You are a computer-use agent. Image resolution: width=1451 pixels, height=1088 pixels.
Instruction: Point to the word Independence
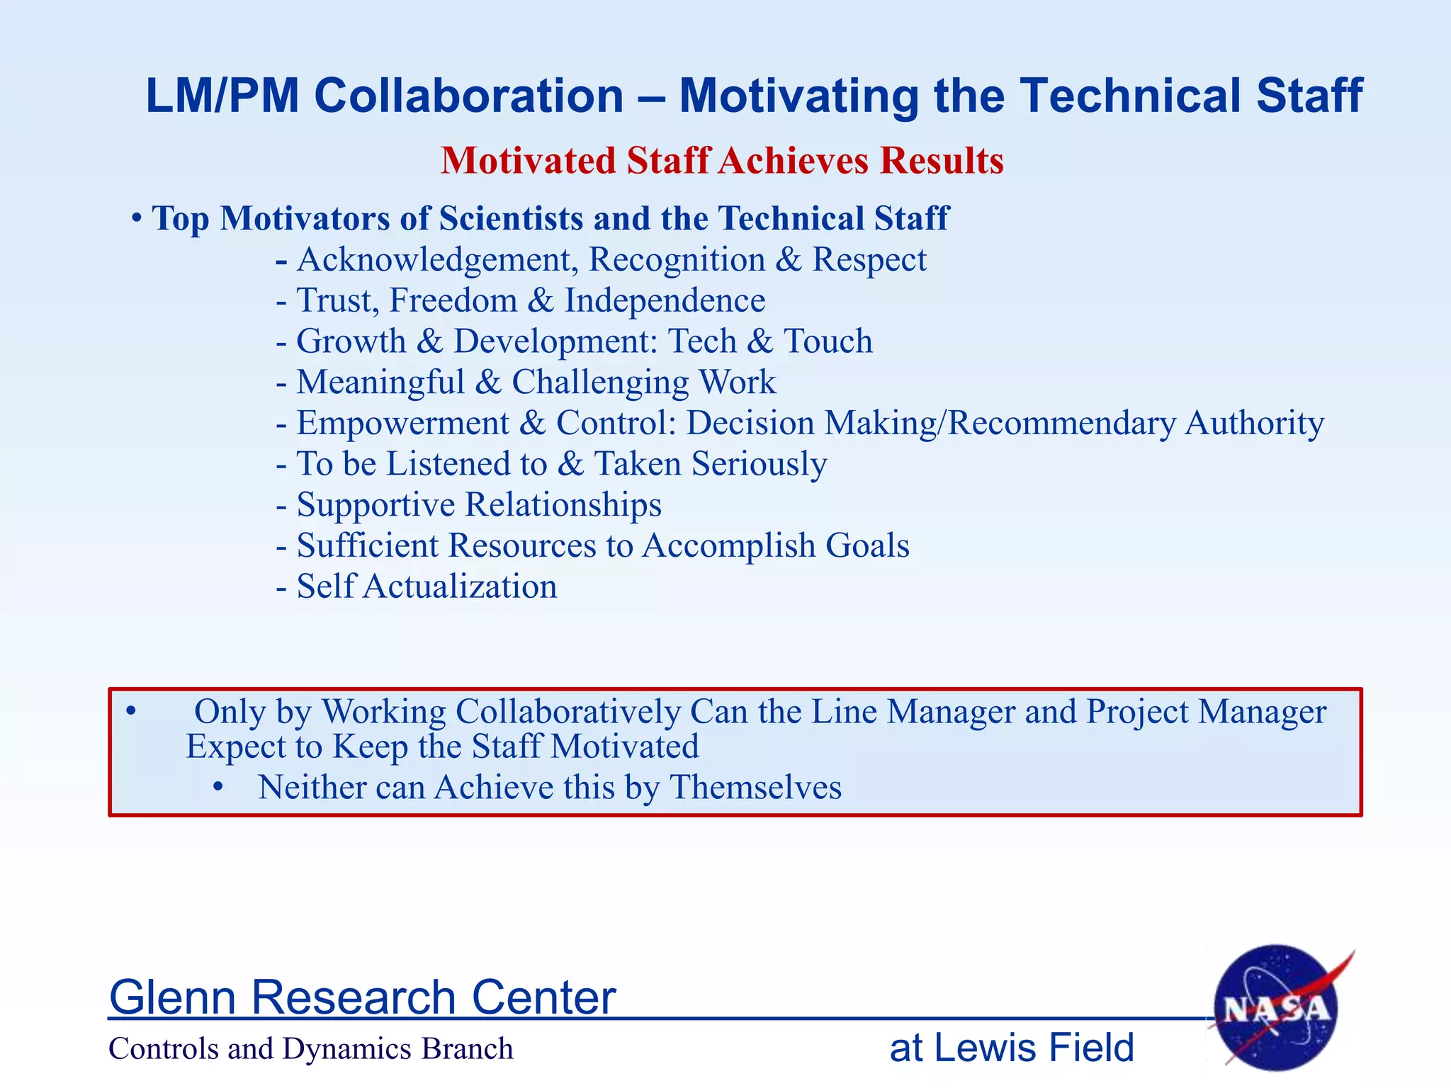tap(665, 300)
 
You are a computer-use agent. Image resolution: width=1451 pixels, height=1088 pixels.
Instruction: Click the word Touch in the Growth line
tap(828, 341)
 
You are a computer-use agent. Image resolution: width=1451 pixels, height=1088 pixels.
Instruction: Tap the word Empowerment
tap(402, 423)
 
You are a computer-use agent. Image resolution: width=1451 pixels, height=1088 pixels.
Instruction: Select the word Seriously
tap(760, 464)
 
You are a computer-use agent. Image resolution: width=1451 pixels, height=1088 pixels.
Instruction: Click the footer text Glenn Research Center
tap(362, 997)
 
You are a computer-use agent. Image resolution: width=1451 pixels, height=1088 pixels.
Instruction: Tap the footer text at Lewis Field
tap(1011, 1048)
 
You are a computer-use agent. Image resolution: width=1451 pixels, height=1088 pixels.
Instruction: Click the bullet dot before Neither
tap(219, 787)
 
